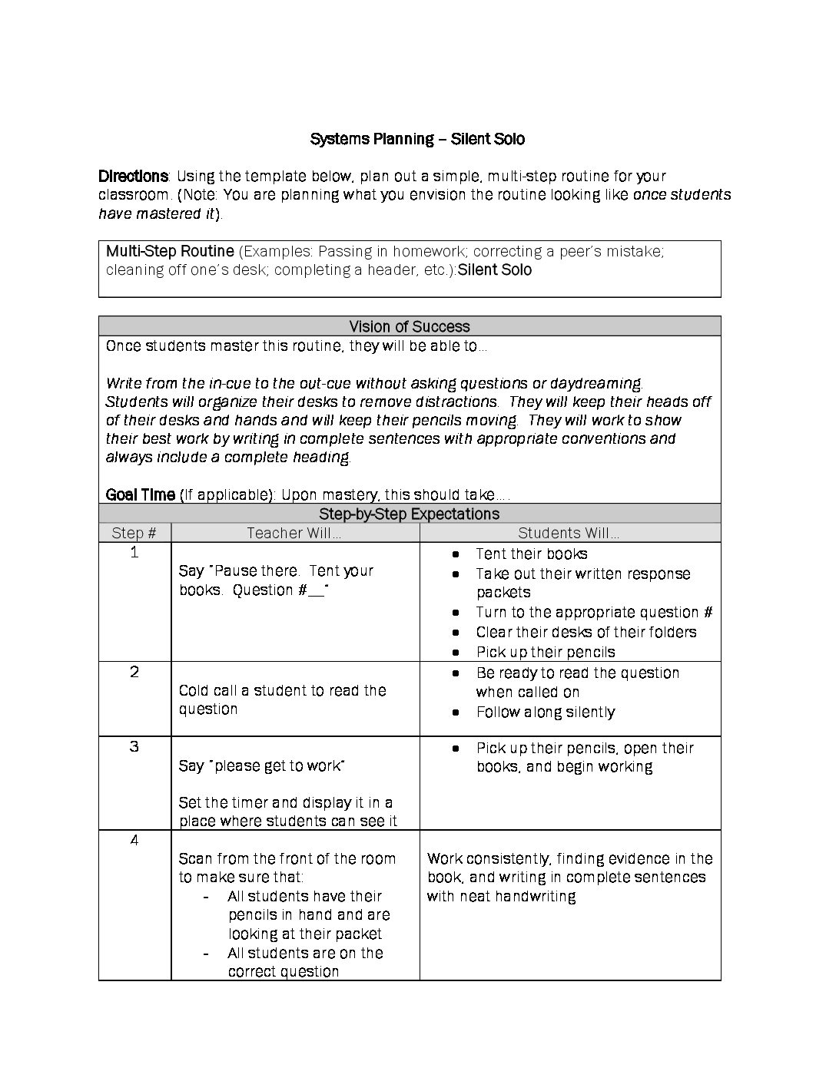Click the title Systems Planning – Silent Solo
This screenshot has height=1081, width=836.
[417, 139]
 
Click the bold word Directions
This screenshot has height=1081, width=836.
[133, 177]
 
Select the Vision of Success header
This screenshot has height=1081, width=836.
[410, 326]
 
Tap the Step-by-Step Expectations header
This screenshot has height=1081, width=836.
[410, 514]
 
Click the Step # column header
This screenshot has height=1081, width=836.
[134, 533]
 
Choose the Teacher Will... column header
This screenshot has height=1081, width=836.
[294, 533]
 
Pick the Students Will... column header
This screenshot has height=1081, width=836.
[569, 533]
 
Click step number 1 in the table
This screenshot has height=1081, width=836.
[134, 553]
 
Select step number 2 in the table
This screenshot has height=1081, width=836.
[134, 672]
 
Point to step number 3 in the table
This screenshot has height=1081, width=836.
[134, 746]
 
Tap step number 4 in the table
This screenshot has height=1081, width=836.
[134, 840]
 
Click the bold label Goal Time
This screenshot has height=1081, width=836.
[141, 494]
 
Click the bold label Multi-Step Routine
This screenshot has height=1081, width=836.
[170, 251]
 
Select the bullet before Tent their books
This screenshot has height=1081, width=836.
[456, 554]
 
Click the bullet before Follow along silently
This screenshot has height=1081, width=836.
[456, 712]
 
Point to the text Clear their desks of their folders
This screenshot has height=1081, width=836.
[586, 632]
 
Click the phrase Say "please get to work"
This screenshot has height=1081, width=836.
[261, 765]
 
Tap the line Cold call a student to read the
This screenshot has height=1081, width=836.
[282, 690]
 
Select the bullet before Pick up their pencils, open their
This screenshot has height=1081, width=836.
[456, 748]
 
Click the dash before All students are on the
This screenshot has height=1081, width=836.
[206, 954]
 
